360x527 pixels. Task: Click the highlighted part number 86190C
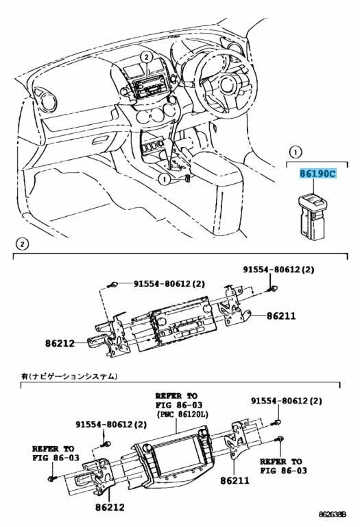click(317, 174)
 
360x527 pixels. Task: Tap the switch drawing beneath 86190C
click(312, 216)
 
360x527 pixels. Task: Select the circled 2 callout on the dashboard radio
click(146, 58)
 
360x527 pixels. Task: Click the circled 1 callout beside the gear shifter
click(164, 180)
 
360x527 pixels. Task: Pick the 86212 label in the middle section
click(60, 343)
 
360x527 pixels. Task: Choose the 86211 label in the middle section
click(281, 316)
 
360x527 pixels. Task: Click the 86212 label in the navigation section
click(110, 507)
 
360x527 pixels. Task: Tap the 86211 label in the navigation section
click(235, 480)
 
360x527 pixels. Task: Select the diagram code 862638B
click(332, 515)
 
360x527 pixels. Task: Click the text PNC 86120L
click(182, 414)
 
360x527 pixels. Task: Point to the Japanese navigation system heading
click(69, 376)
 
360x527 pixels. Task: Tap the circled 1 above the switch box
click(296, 152)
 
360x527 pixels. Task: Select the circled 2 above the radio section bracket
click(22, 244)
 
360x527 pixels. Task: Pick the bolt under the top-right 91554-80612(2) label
click(274, 288)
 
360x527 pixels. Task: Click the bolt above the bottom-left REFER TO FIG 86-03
click(52, 478)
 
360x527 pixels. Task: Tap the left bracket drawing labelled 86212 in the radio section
click(109, 336)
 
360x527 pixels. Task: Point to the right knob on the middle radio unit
click(208, 308)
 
